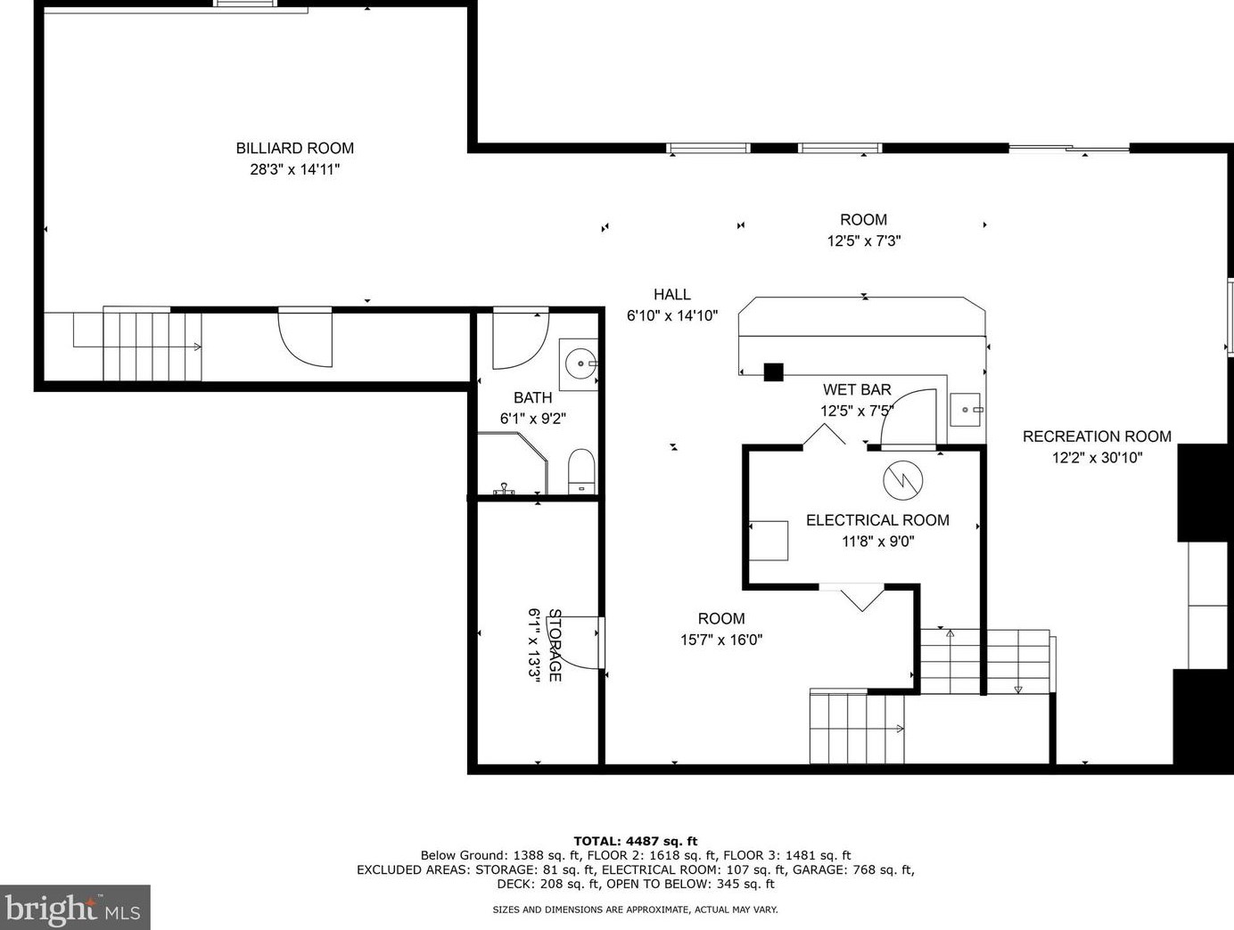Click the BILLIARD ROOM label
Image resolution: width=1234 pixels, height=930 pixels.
(294, 148)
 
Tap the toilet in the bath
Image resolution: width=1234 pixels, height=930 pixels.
(581, 471)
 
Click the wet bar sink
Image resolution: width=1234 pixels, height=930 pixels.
(967, 410)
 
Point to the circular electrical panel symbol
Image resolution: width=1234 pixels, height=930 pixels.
(903, 480)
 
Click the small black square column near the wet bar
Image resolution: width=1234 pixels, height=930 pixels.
(774, 371)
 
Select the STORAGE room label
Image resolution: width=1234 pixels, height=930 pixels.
(555, 645)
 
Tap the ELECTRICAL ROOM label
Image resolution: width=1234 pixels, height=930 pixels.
(877, 520)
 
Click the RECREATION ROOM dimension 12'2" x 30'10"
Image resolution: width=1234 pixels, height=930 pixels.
(1097, 458)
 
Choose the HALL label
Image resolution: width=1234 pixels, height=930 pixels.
(671, 294)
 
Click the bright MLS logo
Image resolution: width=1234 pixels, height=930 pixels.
(75, 908)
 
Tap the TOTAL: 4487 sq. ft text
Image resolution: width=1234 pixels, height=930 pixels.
(635, 841)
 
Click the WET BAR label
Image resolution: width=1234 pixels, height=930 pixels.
(857, 390)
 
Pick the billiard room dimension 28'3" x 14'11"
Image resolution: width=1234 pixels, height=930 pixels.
(294, 169)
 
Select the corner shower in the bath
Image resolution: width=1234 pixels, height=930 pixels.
(512, 463)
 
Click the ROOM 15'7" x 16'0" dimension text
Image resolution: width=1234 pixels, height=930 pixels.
(721, 640)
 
